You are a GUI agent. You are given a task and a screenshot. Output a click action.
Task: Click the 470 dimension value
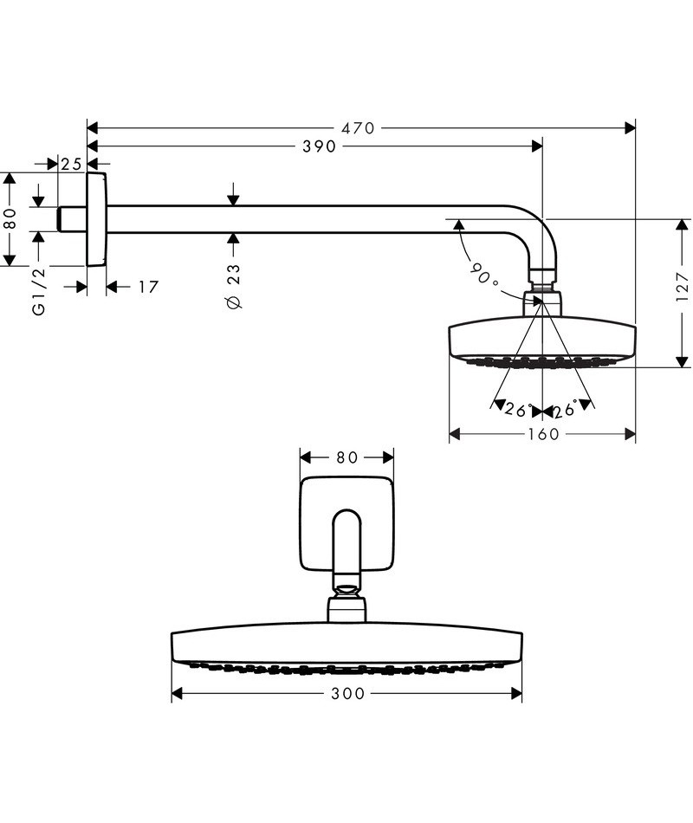pos(358,128)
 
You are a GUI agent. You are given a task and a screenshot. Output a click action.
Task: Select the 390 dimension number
pos(320,147)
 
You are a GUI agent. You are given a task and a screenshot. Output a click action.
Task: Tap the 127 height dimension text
pos(682,287)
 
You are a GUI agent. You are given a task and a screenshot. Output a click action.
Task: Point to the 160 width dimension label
pos(543,434)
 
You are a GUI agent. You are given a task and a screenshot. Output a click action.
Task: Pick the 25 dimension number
pos(72,164)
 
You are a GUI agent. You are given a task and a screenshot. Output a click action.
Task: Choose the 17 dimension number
pos(148,286)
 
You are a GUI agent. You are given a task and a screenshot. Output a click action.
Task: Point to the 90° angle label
pos(483,275)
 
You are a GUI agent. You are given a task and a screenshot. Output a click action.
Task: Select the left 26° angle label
pos(516,410)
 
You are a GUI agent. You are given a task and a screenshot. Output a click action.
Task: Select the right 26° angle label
pos(565,410)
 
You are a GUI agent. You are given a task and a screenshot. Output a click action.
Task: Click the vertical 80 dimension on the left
pos(10,219)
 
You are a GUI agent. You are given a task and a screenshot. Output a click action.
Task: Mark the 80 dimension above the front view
pos(346,457)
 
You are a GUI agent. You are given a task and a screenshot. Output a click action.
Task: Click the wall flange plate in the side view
pos(96,219)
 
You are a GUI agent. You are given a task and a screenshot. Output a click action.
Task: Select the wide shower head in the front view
pos(346,645)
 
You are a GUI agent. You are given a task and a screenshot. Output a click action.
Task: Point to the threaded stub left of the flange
pos(72,219)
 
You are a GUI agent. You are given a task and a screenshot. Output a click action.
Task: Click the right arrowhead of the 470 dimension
pos(630,128)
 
